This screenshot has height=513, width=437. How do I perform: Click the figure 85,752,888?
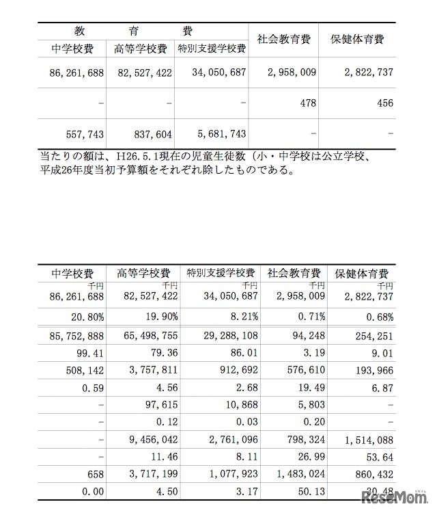[76, 337]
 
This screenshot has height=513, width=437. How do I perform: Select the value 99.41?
[91, 356]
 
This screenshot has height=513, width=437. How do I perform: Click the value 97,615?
[162, 415]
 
